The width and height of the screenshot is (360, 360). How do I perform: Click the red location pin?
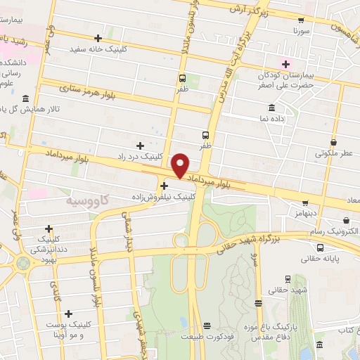point(181,165)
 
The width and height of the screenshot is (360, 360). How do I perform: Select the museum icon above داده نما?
point(271,107)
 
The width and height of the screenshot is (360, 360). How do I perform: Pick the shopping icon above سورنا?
point(301,21)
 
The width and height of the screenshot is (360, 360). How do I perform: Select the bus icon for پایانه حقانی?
point(320,247)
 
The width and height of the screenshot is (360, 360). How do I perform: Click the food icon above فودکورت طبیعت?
point(206,326)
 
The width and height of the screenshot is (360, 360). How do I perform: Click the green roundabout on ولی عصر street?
point(24,264)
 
